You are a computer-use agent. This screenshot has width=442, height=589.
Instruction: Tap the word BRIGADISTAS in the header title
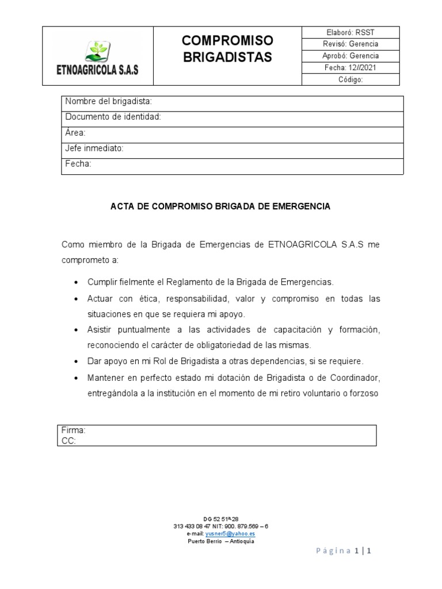(227, 58)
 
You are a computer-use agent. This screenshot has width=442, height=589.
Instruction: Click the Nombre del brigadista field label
(108, 102)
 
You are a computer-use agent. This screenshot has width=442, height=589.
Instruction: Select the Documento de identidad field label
(113, 117)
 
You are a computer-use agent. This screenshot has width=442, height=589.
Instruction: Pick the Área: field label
(75, 133)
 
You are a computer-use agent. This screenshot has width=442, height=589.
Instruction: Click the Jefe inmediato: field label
(94, 148)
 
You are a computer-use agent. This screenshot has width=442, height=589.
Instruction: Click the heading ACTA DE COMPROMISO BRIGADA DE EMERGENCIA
(220, 206)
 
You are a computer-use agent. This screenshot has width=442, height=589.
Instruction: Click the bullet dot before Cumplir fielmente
(77, 284)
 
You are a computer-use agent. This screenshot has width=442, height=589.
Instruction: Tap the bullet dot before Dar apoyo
(77, 362)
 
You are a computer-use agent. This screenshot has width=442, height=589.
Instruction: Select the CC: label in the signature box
(68, 441)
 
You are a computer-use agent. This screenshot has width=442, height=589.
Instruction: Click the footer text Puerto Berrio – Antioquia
(220, 541)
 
